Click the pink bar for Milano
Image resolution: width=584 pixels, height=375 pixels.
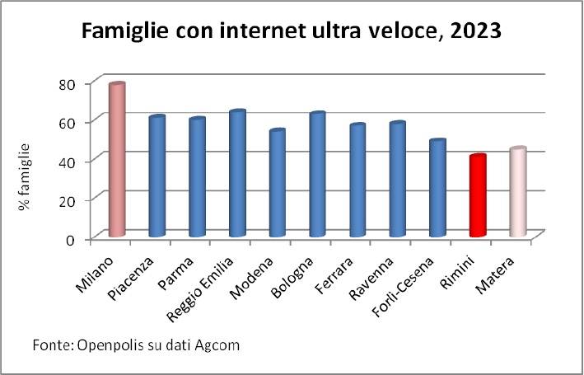pyautogui.click(x=116, y=161)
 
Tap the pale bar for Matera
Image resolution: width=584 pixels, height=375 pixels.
pyautogui.click(x=516, y=193)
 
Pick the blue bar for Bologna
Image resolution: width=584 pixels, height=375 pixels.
pyautogui.click(x=317, y=175)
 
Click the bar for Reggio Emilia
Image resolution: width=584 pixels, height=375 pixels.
pyautogui.click(x=237, y=174)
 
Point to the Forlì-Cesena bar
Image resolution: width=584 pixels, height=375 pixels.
pyautogui.click(x=437, y=189)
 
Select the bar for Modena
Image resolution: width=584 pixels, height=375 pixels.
pyautogui.click(x=277, y=183)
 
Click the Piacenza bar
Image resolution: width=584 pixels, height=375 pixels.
pyautogui.click(x=157, y=177)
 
